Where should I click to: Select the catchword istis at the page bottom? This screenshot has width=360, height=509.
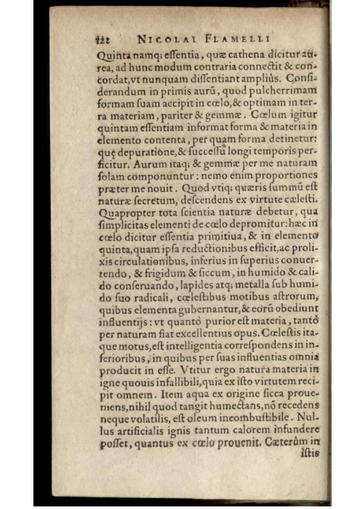tap(310, 453)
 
